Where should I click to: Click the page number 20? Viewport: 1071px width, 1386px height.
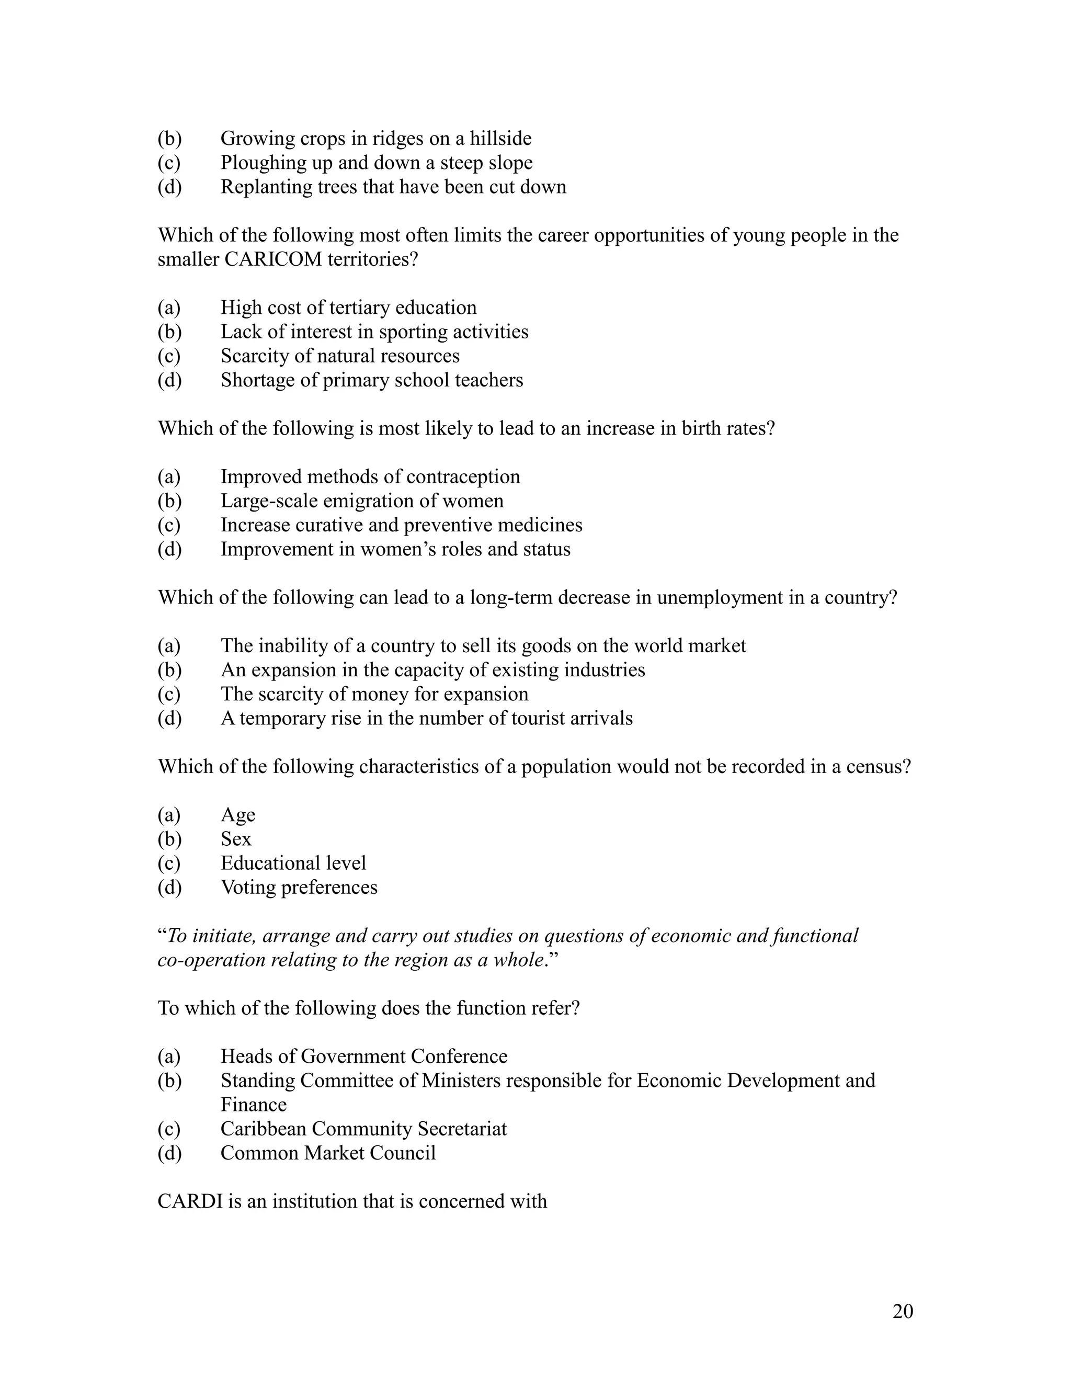tap(902, 1311)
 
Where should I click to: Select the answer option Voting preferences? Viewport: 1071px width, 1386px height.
tap(298, 887)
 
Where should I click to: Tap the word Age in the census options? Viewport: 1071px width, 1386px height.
tap(237, 815)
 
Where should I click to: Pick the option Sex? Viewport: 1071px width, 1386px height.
tap(235, 839)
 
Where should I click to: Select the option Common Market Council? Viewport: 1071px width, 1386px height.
tap(327, 1153)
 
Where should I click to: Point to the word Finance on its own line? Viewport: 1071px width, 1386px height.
tap(253, 1105)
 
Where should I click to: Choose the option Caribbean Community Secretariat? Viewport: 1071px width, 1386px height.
tap(363, 1129)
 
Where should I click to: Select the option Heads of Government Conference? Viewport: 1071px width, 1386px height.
tap(363, 1056)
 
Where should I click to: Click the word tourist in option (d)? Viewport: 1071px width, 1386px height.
tap(538, 719)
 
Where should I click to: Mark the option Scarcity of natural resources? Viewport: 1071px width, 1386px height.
tap(339, 356)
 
